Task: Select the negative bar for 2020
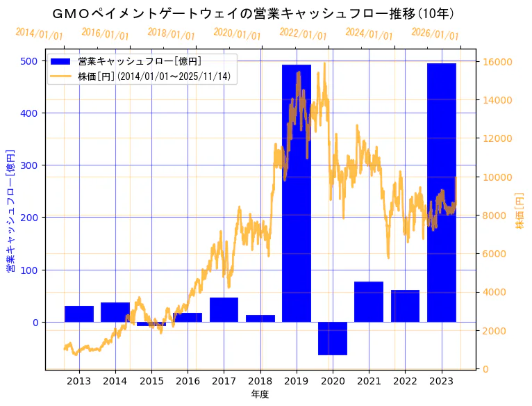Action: (333, 339)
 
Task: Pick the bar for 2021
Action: (369, 302)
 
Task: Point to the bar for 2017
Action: (224, 310)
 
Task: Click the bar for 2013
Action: (79, 314)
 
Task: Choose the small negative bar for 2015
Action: (151, 324)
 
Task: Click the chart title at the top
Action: (253, 14)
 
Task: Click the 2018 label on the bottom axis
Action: (260, 381)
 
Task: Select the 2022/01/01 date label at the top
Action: (303, 33)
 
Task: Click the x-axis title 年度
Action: (260, 394)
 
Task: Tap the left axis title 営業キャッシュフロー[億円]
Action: (10, 210)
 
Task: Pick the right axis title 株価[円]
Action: (520, 211)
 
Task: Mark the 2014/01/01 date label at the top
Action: (39, 33)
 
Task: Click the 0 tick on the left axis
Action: (34, 322)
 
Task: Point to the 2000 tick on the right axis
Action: (495, 331)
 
